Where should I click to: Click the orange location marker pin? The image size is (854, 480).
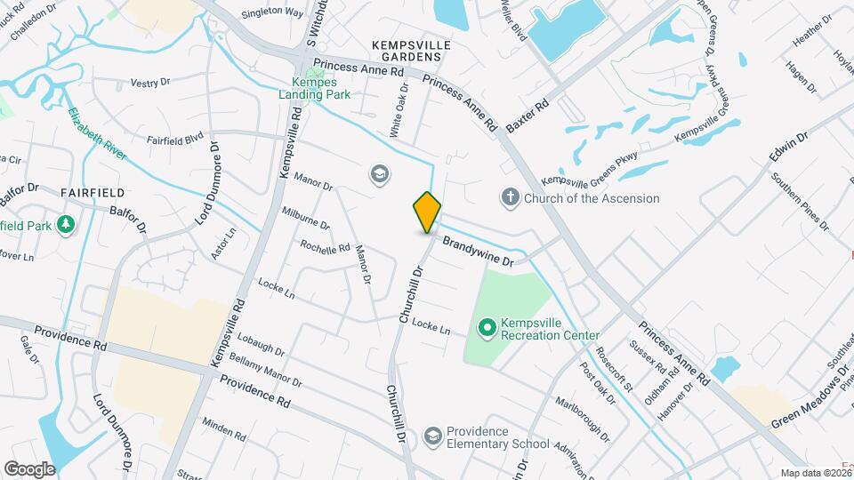coord(427,212)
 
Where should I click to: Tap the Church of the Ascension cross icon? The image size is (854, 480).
coord(510,197)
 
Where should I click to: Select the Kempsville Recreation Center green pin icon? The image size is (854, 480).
coord(486,328)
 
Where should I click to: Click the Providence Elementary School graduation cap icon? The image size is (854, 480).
coord(432,436)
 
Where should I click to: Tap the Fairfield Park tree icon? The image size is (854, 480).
coord(64,224)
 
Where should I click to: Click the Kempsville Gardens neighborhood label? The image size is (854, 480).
coord(411,50)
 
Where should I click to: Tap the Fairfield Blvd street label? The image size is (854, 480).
coord(176,140)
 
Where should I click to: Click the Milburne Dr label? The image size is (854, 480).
coord(306,218)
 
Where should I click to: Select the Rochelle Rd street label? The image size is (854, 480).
coord(325,246)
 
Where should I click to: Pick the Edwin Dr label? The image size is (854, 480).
coord(790,151)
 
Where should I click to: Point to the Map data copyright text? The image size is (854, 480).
coord(816,473)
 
